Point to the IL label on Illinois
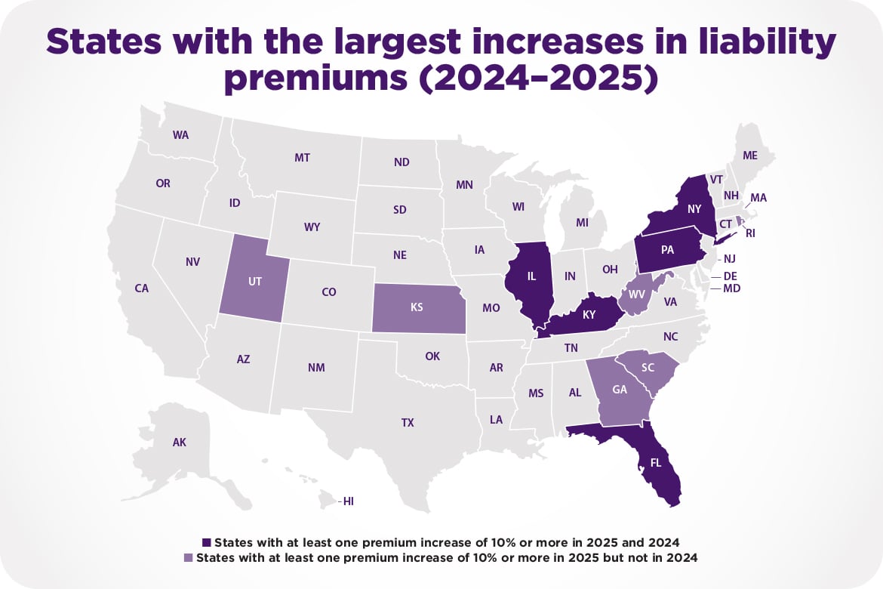pyautogui.click(x=531, y=276)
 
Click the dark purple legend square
pyautogui.click(x=208, y=542)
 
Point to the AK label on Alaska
pyautogui.click(x=179, y=443)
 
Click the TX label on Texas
pyautogui.click(x=408, y=423)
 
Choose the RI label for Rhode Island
pyautogui.click(x=750, y=233)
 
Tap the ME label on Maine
pyautogui.click(x=749, y=155)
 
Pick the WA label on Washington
pyautogui.click(x=180, y=135)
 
